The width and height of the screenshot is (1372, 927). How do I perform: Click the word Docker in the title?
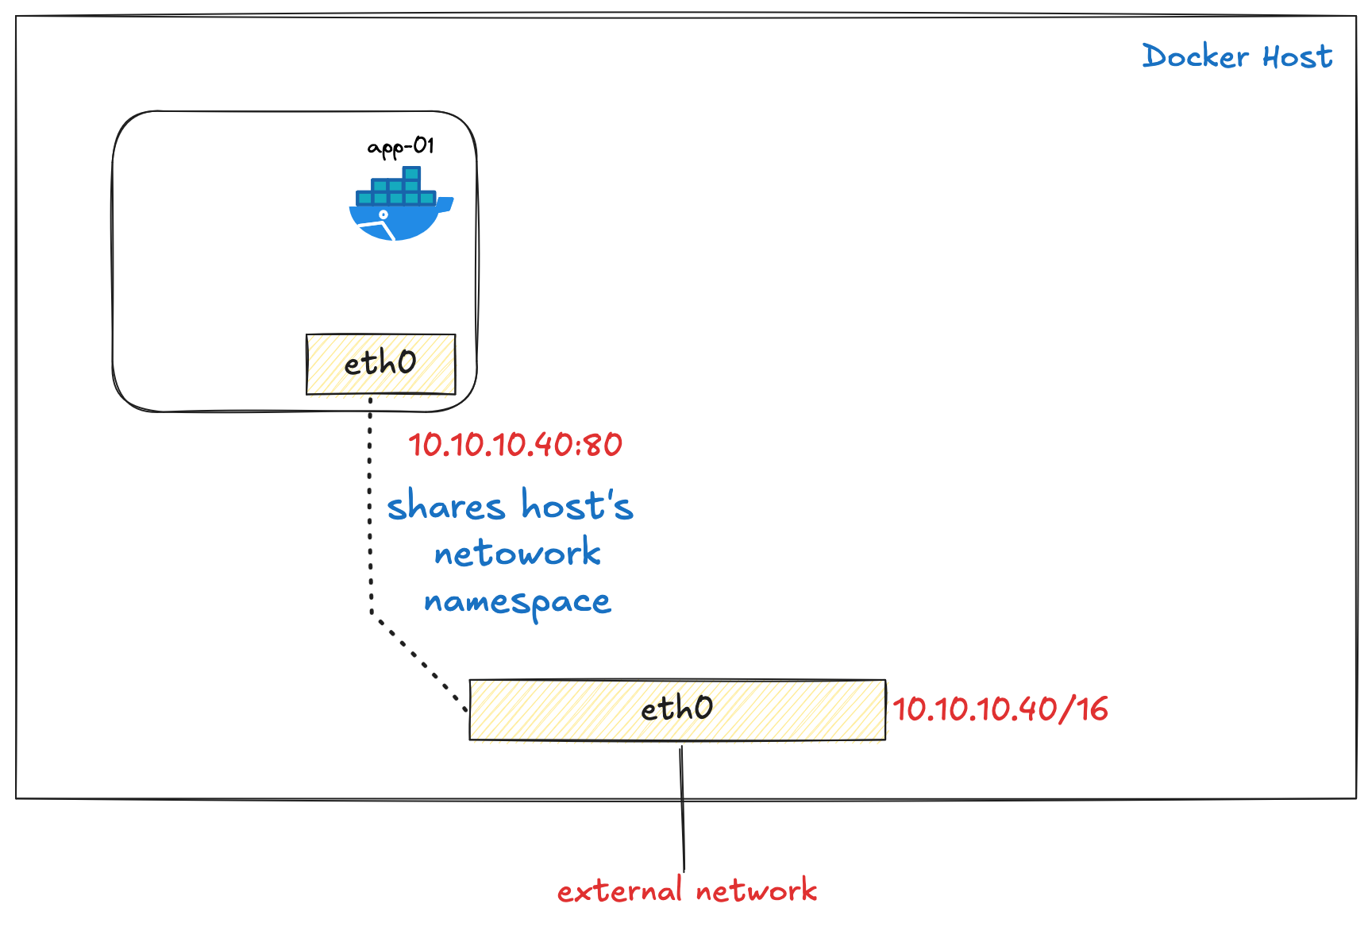(1196, 56)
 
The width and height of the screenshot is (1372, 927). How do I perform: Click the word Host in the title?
(1297, 56)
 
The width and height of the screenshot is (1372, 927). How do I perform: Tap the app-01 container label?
(401, 147)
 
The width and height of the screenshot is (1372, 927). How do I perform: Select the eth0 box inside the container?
(380, 364)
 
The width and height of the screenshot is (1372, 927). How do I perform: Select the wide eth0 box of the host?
(676, 709)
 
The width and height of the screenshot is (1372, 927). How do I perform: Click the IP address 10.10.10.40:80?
(514, 445)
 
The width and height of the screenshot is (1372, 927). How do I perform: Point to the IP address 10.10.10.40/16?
(1000, 709)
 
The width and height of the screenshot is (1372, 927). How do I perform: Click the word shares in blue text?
(445, 507)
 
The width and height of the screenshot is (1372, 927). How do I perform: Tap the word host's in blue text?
(577, 506)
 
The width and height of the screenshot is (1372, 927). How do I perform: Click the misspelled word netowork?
(517, 553)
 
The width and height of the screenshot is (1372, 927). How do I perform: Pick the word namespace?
(517, 602)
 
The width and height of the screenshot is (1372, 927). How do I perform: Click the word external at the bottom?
(619, 890)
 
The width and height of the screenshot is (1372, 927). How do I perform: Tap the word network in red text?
(756, 890)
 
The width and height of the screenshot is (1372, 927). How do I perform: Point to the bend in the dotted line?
(372, 612)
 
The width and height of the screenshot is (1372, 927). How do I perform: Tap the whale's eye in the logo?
(383, 214)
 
